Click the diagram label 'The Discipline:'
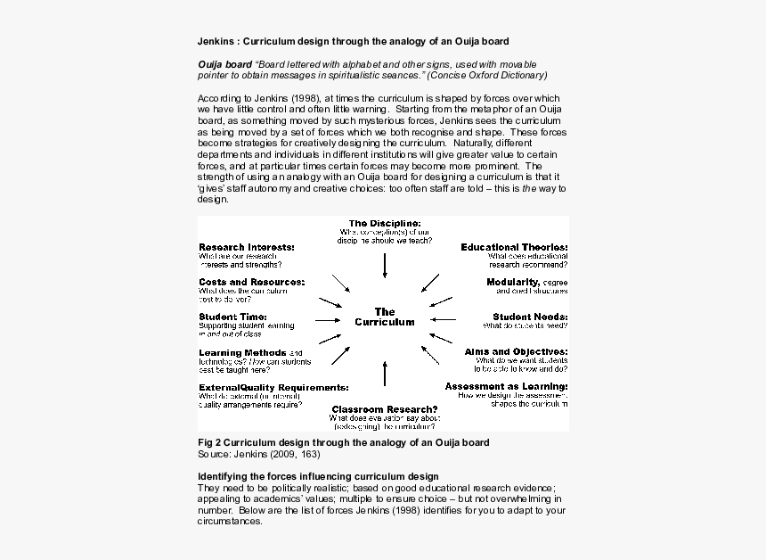point(385,224)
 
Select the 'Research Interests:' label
point(247,247)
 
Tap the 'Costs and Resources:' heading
point(251,282)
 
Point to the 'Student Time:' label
point(232,317)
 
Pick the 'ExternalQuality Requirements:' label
point(273,388)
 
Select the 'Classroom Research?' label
point(384,409)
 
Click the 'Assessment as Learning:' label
point(506,386)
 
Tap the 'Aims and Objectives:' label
point(516,352)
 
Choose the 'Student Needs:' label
point(530,317)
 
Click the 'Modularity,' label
point(512,282)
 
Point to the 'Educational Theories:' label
point(514,247)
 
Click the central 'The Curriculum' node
point(385,317)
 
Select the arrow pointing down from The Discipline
point(385,265)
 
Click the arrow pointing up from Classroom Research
point(385,373)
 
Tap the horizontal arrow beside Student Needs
point(443,318)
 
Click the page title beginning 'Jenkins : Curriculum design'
point(354,41)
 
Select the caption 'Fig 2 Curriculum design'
point(343,442)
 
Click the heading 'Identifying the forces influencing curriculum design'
point(317,476)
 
